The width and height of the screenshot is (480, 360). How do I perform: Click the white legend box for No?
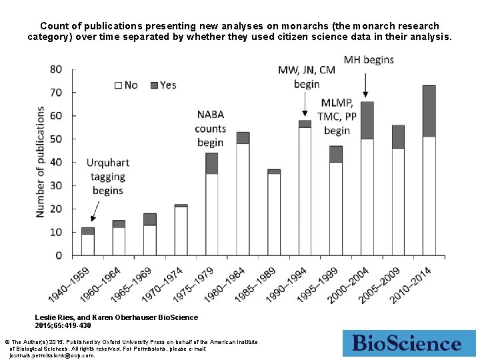pos(119,85)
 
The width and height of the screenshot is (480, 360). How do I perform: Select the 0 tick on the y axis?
pos(59,255)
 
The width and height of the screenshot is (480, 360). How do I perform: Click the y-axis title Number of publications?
pos(41,162)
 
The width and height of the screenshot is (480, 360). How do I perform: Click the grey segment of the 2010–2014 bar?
pos(429,111)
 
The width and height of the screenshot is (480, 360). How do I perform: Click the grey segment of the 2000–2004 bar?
pos(367,121)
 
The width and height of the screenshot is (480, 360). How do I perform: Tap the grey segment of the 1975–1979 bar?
pos(212,163)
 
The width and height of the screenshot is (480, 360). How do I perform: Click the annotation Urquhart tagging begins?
pos(107,176)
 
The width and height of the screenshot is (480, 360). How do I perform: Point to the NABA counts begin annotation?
pos(211,129)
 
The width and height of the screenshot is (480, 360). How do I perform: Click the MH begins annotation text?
pos(369,60)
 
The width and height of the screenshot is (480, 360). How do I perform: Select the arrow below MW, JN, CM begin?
pos(305,105)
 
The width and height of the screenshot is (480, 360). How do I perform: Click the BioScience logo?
pos(406,343)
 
